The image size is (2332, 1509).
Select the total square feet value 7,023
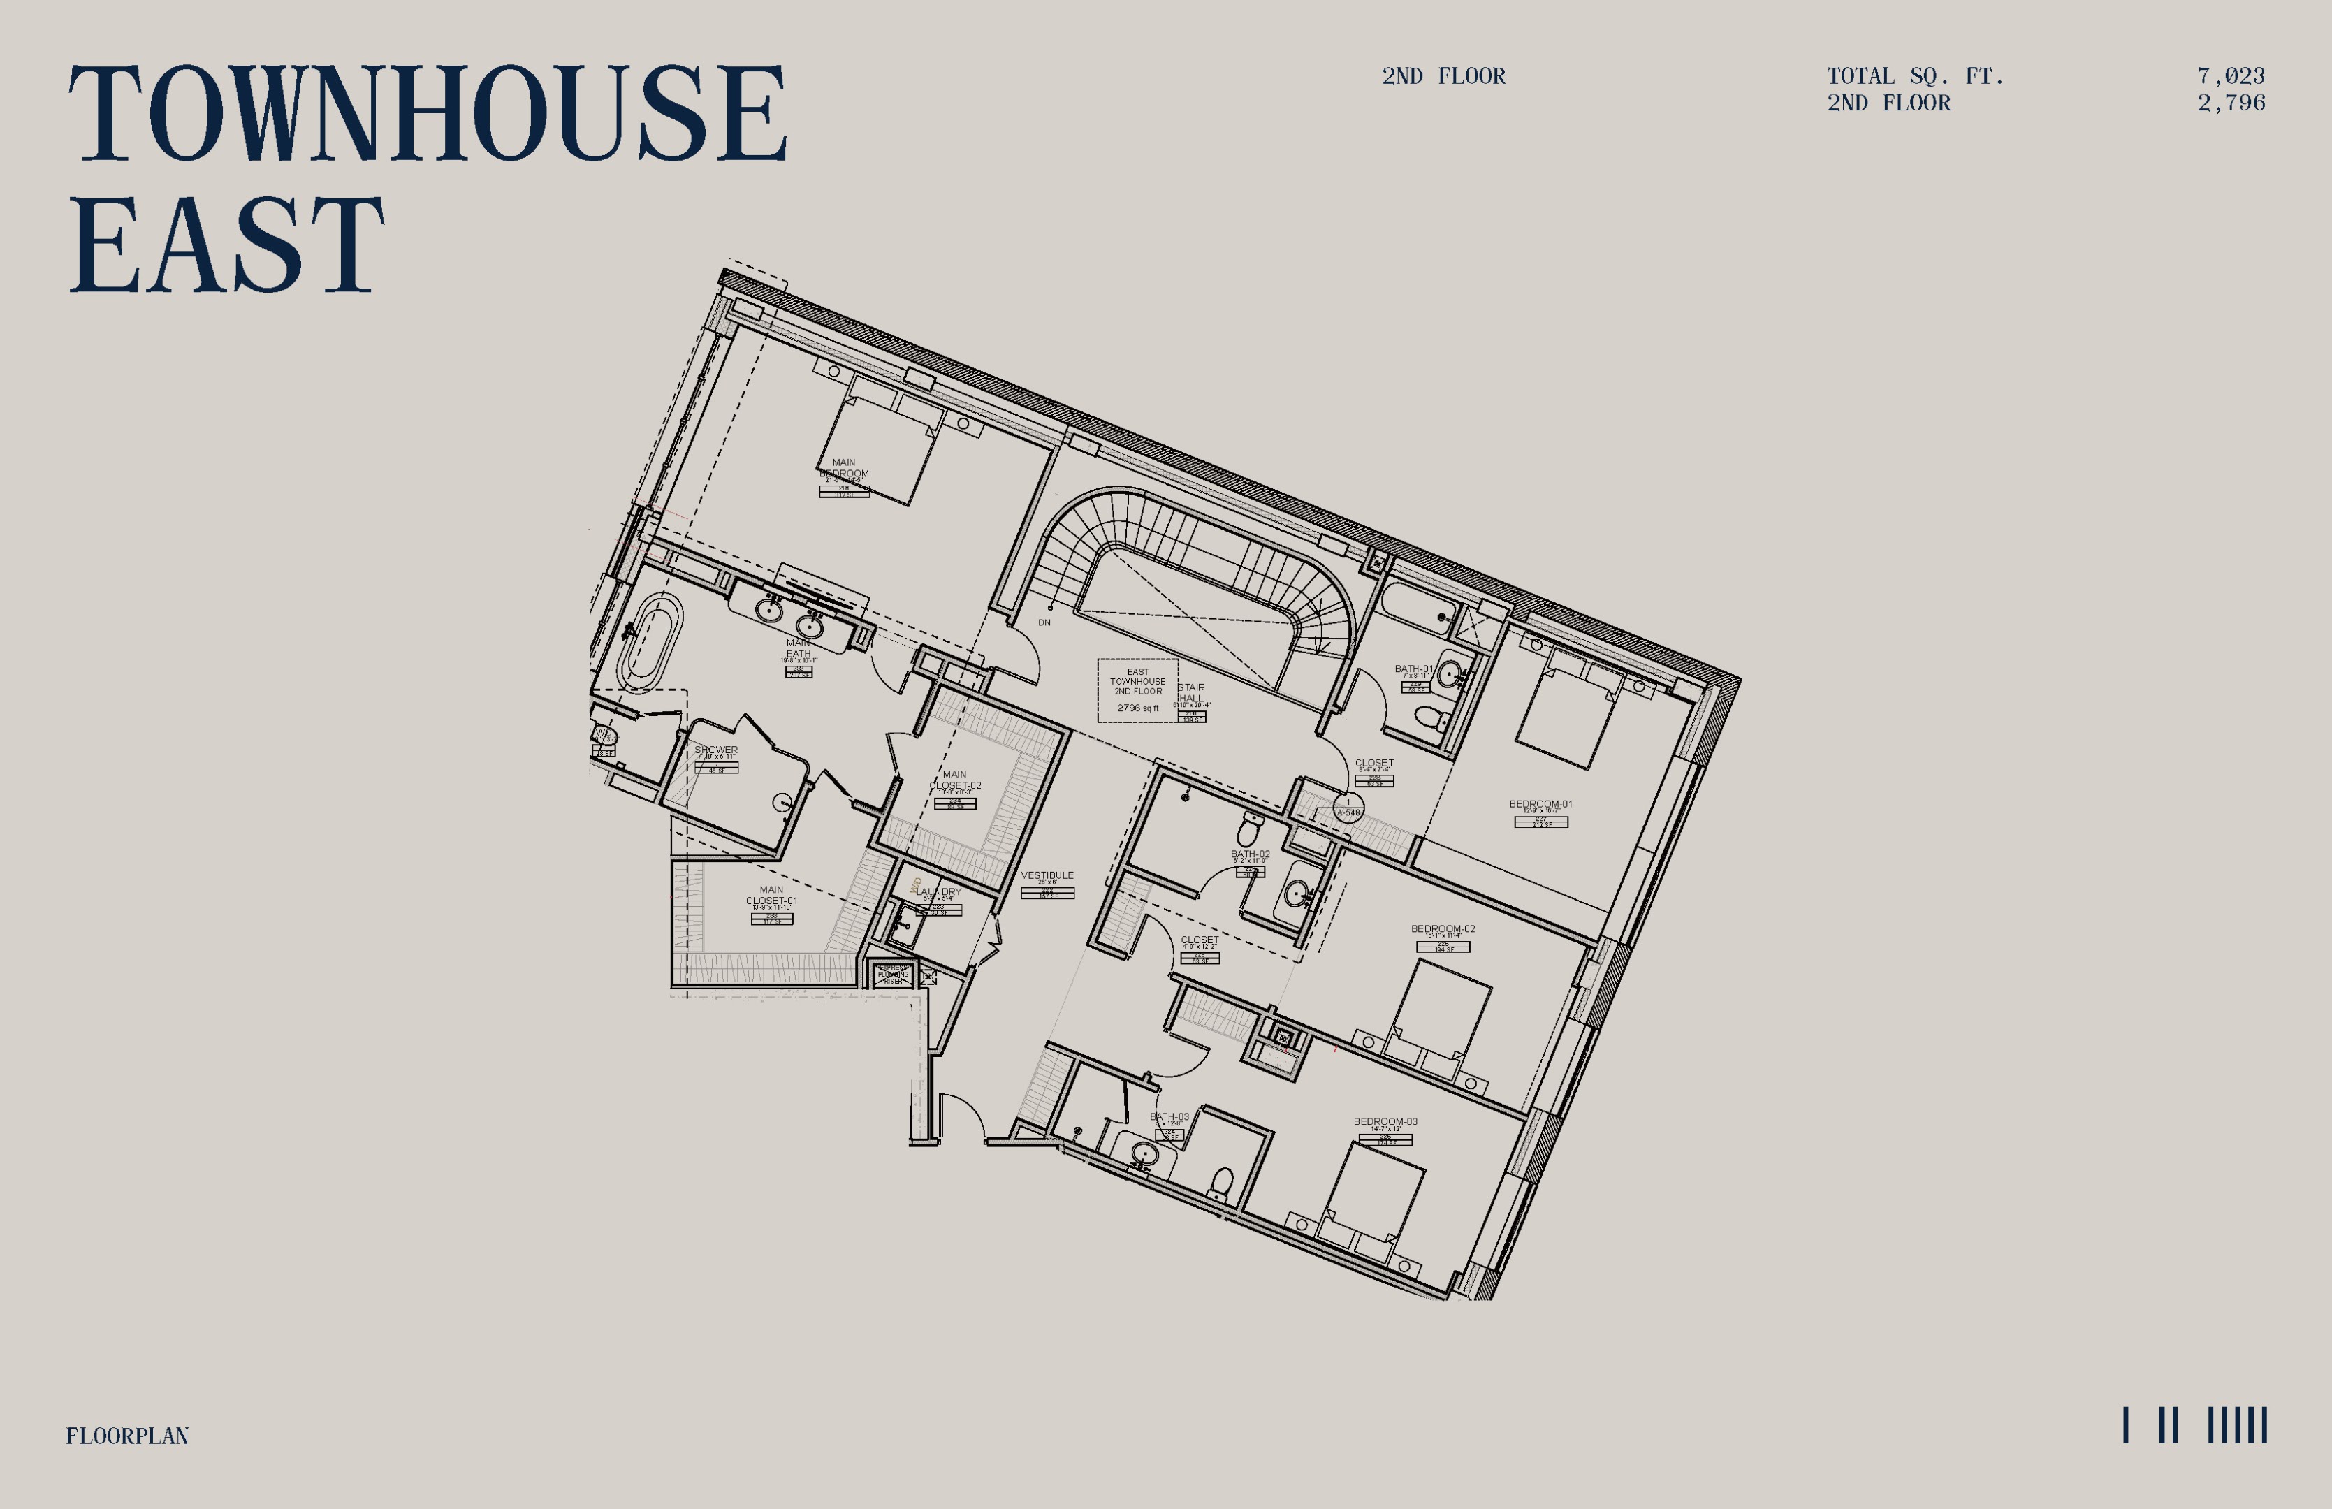tap(2230, 76)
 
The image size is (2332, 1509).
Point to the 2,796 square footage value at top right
tap(2230, 103)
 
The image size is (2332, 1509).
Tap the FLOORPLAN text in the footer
tap(127, 1436)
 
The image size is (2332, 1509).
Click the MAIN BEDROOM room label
tap(844, 467)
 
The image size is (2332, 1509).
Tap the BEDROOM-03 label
tap(1385, 1122)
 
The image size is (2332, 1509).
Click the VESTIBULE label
tap(1047, 875)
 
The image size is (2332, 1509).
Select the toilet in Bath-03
tap(1220, 1183)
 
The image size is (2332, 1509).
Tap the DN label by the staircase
tap(1044, 622)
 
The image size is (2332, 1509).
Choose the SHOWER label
tap(716, 750)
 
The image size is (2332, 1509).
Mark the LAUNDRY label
tap(939, 891)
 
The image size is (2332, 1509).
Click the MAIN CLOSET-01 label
tap(771, 896)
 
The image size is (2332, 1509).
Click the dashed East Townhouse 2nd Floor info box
tap(1137, 690)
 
